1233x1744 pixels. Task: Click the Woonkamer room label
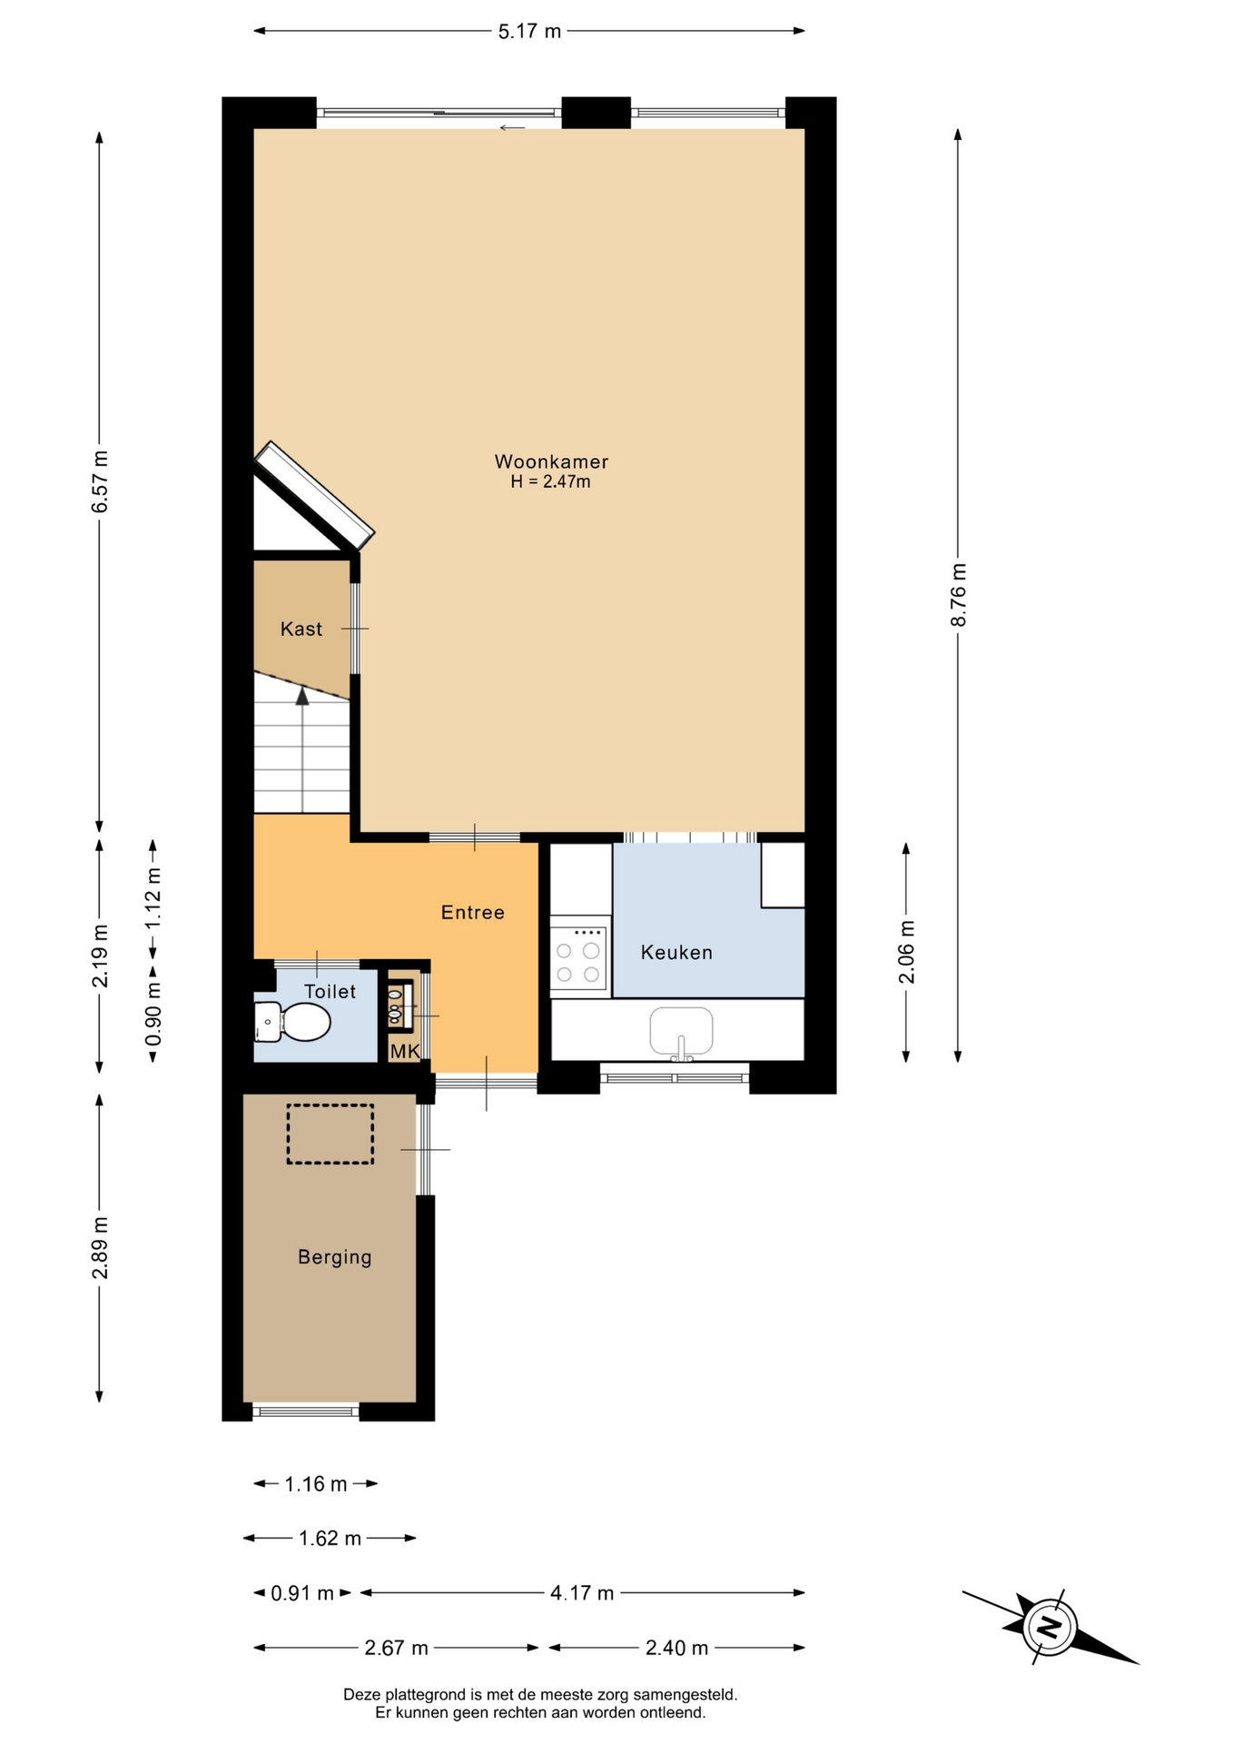coord(551,461)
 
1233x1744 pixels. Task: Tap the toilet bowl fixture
coord(291,1022)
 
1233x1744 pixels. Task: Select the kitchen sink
coord(681,1033)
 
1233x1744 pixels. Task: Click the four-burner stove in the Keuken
coord(578,956)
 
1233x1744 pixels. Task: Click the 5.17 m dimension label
coord(529,32)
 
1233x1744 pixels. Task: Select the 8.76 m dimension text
coord(959,595)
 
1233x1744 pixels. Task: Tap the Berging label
coord(335,1257)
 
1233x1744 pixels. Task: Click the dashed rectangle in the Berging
coord(330,1134)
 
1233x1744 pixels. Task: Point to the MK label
coord(405,1051)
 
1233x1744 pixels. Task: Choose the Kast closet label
coord(301,629)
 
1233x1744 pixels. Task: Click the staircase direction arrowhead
coord(302,696)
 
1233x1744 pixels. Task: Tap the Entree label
coord(473,912)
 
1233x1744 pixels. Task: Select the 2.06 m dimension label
coord(907,952)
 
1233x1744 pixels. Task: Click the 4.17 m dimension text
coord(582,1592)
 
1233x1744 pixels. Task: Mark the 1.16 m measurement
coord(316,1483)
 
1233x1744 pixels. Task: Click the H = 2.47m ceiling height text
coord(550,481)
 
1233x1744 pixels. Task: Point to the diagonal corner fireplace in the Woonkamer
coord(314,496)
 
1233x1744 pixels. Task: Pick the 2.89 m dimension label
coord(100,1247)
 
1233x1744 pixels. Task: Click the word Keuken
coord(676,952)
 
